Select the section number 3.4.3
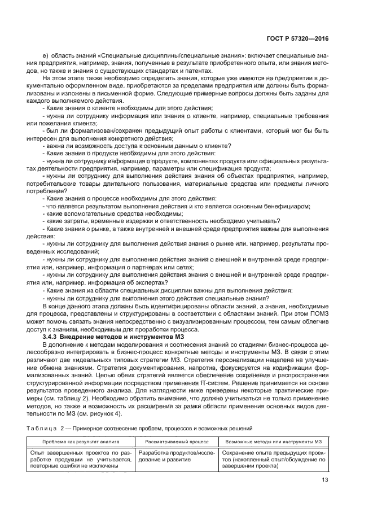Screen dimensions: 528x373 coord(53,336)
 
